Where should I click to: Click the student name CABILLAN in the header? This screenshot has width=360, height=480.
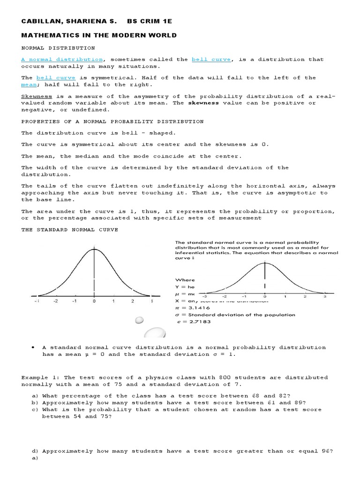41,22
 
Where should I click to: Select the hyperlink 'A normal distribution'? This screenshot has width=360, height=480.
62,60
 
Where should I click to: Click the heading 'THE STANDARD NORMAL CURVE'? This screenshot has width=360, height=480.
69,230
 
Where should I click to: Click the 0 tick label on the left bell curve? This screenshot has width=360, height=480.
94,301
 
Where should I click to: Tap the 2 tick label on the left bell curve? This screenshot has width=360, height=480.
133,301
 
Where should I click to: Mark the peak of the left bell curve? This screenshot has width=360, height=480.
94,249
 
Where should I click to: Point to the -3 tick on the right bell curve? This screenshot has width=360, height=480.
204,297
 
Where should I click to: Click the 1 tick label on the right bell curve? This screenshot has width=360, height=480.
285,297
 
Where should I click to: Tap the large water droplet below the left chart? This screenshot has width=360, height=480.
156,334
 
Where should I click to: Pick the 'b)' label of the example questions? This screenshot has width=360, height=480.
35,402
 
